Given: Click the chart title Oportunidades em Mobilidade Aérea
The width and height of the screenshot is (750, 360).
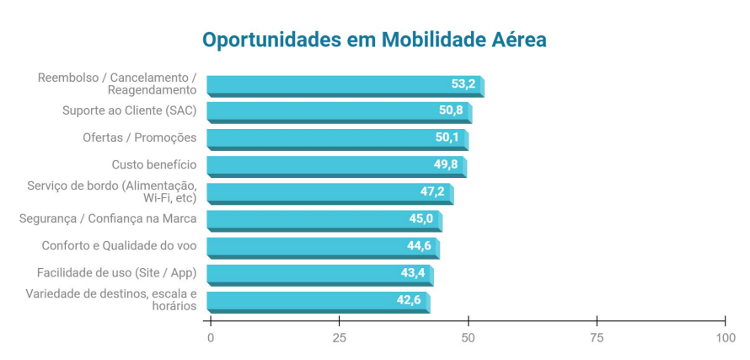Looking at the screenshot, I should (x=374, y=40).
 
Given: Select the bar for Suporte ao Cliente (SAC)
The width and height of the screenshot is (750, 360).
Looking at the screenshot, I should (x=337, y=111).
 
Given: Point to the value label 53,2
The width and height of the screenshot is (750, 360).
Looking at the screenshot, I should (x=463, y=83).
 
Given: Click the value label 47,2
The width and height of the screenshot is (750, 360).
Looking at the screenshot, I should (x=432, y=191).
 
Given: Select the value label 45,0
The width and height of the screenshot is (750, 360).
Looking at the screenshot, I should (x=421, y=218).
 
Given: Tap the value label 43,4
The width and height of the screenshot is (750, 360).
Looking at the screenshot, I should (x=413, y=272).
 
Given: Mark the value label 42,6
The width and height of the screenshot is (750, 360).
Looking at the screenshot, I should (x=409, y=299).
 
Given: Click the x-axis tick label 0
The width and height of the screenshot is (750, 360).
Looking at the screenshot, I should (x=211, y=338).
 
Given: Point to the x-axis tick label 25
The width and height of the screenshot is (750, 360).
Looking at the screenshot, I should (x=339, y=338).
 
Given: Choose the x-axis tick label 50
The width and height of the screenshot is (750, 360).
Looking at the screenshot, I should (x=468, y=338).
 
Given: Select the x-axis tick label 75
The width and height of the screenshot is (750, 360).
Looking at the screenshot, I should (x=597, y=338).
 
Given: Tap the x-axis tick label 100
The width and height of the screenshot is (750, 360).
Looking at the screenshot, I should (x=725, y=338).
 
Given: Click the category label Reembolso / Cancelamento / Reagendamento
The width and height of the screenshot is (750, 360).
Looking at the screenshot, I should (x=117, y=83).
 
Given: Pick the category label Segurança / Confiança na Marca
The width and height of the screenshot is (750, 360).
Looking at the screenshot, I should (x=108, y=218).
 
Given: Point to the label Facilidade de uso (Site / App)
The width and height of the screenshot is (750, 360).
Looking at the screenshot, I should (x=116, y=272).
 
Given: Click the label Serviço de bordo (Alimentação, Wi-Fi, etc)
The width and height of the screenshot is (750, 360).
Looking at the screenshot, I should (x=111, y=191).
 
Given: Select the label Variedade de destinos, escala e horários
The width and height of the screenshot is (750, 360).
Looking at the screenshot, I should (x=111, y=299).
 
